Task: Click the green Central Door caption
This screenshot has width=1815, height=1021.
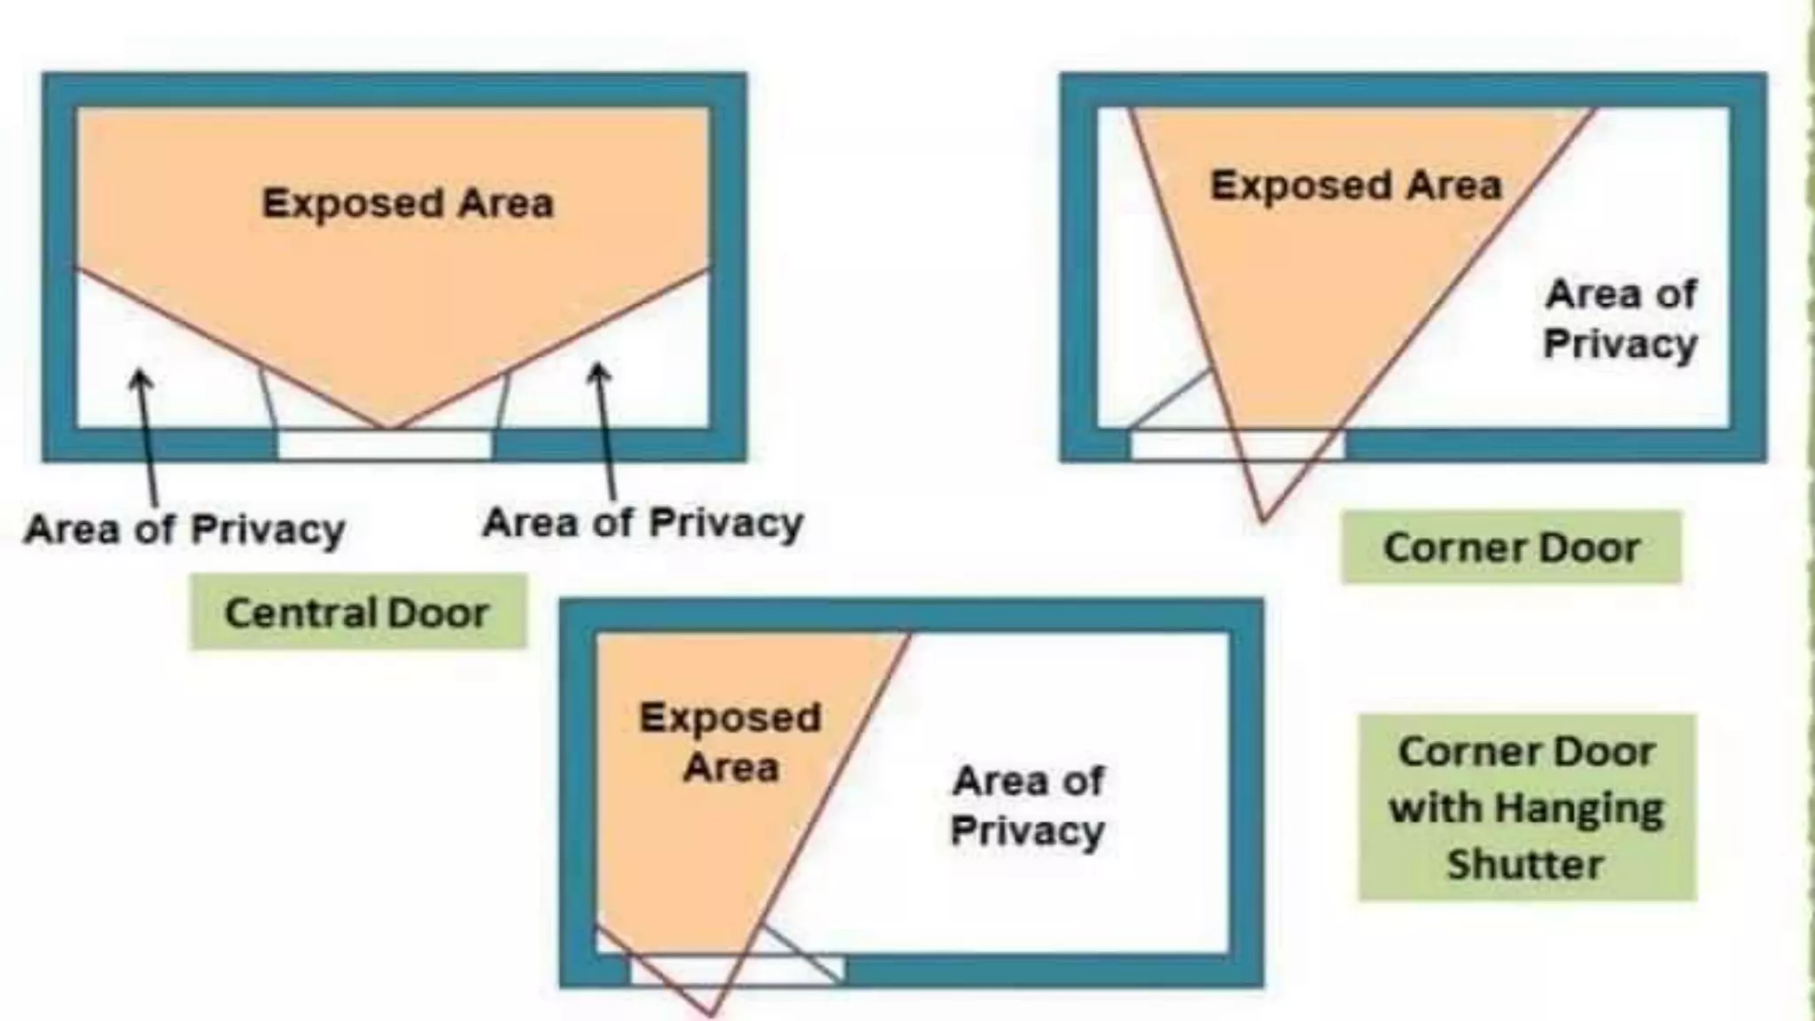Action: click(x=357, y=612)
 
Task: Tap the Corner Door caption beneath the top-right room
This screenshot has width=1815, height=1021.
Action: click(x=1511, y=548)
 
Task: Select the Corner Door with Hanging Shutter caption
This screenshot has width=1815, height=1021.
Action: click(x=1526, y=807)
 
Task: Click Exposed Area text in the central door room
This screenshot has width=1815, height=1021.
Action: click(x=408, y=203)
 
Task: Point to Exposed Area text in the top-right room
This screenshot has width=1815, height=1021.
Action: click(x=1356, y=186)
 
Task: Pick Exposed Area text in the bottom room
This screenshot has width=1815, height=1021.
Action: click(x=730, y=742)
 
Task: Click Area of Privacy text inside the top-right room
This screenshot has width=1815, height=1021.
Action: click(x=1620, y=318)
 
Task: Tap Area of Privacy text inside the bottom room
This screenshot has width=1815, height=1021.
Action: click(x=1028, y=806)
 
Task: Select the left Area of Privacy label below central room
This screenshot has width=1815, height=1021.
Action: click(x=184, y=530)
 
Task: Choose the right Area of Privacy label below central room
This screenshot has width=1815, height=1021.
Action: click(x=643, y=522)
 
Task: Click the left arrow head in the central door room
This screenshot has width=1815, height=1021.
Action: click(x=141, y=379)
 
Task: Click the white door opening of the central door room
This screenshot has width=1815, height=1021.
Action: click(x=385, y=445)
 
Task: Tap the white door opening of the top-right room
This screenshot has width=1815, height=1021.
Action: click(x=1236, y=445)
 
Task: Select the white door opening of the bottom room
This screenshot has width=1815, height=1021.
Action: click(x=736, y=970)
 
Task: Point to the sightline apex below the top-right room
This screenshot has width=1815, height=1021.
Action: click(x=1263, y=519)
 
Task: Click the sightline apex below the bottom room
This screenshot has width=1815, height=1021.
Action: click(x=710, y=1013)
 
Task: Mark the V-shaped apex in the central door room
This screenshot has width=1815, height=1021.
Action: click(x=391, y=429)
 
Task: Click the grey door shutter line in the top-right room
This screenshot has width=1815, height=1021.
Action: click(x=1170, y=399)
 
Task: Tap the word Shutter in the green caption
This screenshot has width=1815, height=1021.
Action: click(x=1525, y=864)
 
